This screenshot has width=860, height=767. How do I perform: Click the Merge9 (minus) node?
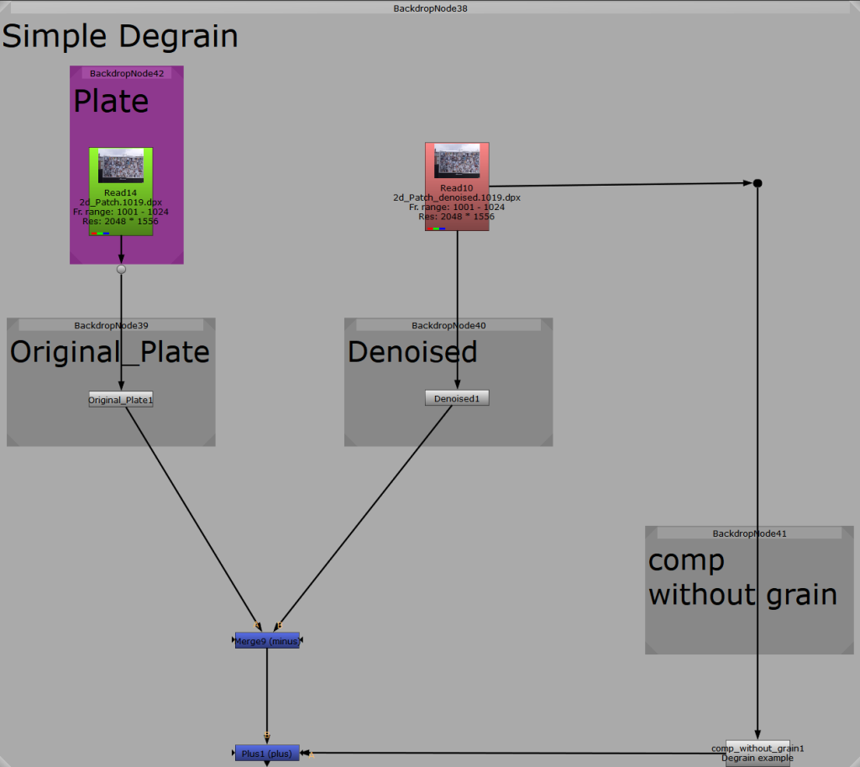267,640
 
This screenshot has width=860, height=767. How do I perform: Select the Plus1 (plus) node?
267,754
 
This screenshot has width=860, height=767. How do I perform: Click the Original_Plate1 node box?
121,399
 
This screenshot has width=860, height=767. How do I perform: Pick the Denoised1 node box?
457,398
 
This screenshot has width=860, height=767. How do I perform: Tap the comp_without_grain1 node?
758,753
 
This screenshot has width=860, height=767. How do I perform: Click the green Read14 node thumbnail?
121,165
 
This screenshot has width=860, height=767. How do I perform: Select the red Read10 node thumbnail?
457,160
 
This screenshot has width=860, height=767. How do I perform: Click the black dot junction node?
758,183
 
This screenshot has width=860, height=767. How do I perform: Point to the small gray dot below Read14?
121,270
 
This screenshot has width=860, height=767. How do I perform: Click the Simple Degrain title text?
120,37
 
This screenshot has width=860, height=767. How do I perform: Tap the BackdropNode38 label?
430,8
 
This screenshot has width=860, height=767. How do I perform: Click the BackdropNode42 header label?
127,74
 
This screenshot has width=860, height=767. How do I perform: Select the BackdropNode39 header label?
112,325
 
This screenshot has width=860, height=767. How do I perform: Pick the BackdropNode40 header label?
448,325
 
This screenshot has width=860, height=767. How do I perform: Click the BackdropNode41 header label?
749,533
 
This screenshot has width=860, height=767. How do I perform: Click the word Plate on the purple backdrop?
112,102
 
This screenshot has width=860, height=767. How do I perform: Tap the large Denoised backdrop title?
412,352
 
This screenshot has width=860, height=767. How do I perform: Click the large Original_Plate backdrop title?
110,353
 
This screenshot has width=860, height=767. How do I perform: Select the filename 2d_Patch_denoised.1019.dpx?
457,197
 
